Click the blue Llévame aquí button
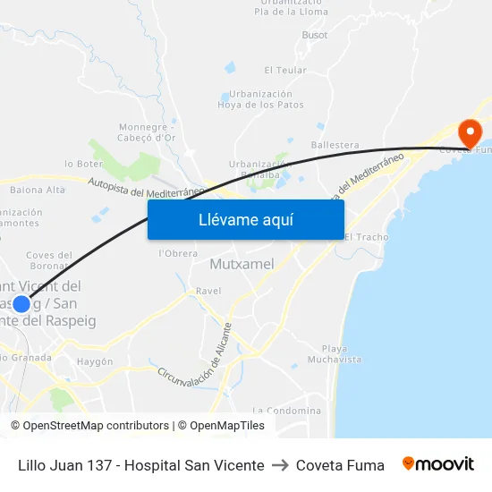(246, 219)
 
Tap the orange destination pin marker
(470, 133)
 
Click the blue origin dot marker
(21, 303)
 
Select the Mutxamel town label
(242, 264)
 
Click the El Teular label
(285, 70)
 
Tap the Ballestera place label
(335, 145)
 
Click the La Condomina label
(287, 411)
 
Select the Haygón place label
(95, 361)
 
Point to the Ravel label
(208, 291)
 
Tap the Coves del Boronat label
(48, 259)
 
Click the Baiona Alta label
(38, 190)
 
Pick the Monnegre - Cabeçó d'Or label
(147, 132)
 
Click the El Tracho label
(366, 237)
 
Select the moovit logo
(438, 464)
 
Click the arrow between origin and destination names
(280, 465)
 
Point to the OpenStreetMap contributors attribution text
(92, 426)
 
